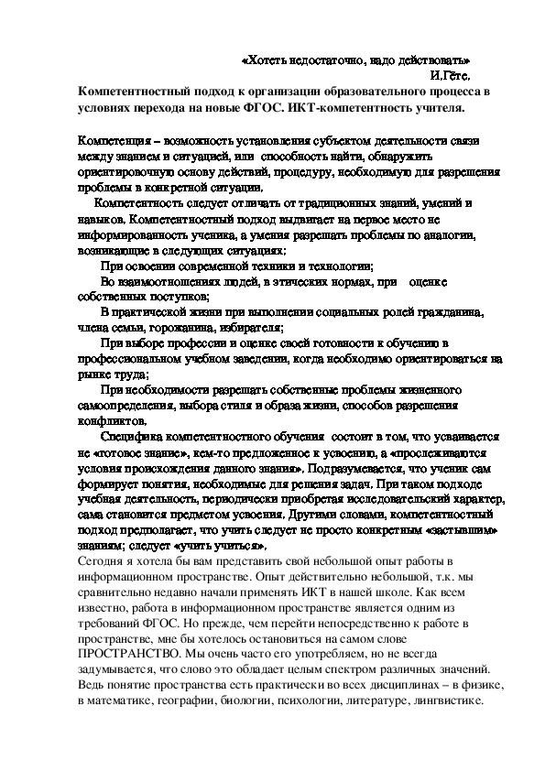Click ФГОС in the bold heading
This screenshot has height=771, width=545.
(x=285, y=108)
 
